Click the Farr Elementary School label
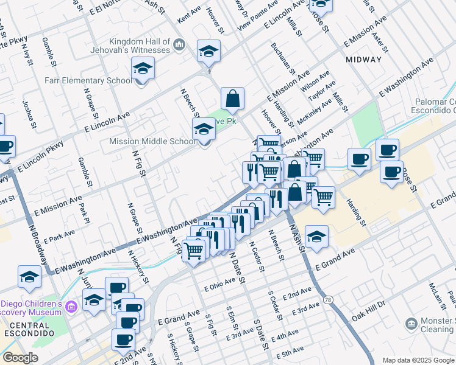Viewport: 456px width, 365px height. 88,80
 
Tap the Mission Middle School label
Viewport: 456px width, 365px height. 152,142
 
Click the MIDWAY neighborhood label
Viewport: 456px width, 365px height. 363,60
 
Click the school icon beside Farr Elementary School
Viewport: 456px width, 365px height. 143,68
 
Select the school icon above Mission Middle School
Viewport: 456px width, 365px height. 204,129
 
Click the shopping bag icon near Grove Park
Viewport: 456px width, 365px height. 232,98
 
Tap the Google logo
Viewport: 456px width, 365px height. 21,358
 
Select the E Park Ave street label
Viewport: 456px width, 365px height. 59,236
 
